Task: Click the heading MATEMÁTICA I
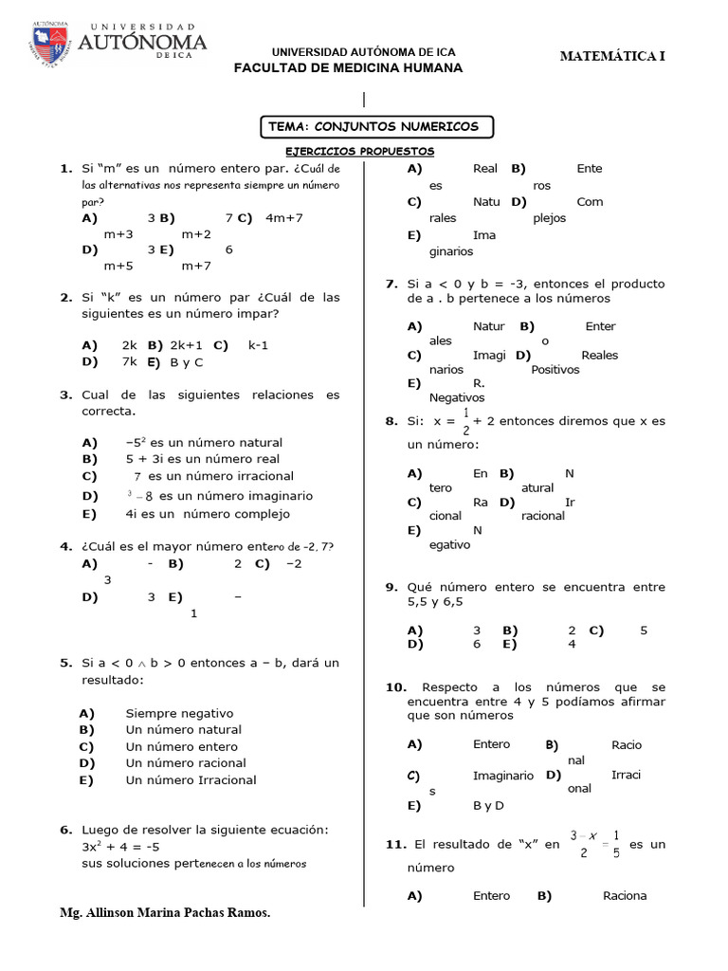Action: tap(612, 56)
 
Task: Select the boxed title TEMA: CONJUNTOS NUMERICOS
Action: tap(375, 126)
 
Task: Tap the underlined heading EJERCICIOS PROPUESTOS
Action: tap(360, 151)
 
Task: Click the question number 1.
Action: tap(65, 168)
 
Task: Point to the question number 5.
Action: tap(65, 663)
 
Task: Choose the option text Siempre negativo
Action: tap(179, 713)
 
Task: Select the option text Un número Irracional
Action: tap(191, 780)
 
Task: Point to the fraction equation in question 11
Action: tap(594, 844)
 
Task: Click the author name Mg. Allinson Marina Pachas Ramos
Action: tap(165, 912)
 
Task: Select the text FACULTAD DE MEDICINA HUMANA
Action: tap(348, 68)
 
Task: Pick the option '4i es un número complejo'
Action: tap(194, 514)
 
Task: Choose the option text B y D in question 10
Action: tap(488, 806)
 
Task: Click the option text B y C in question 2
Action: tap(187, 362)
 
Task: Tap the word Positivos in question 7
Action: tap(555, 370)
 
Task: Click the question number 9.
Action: tap(391, 587)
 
